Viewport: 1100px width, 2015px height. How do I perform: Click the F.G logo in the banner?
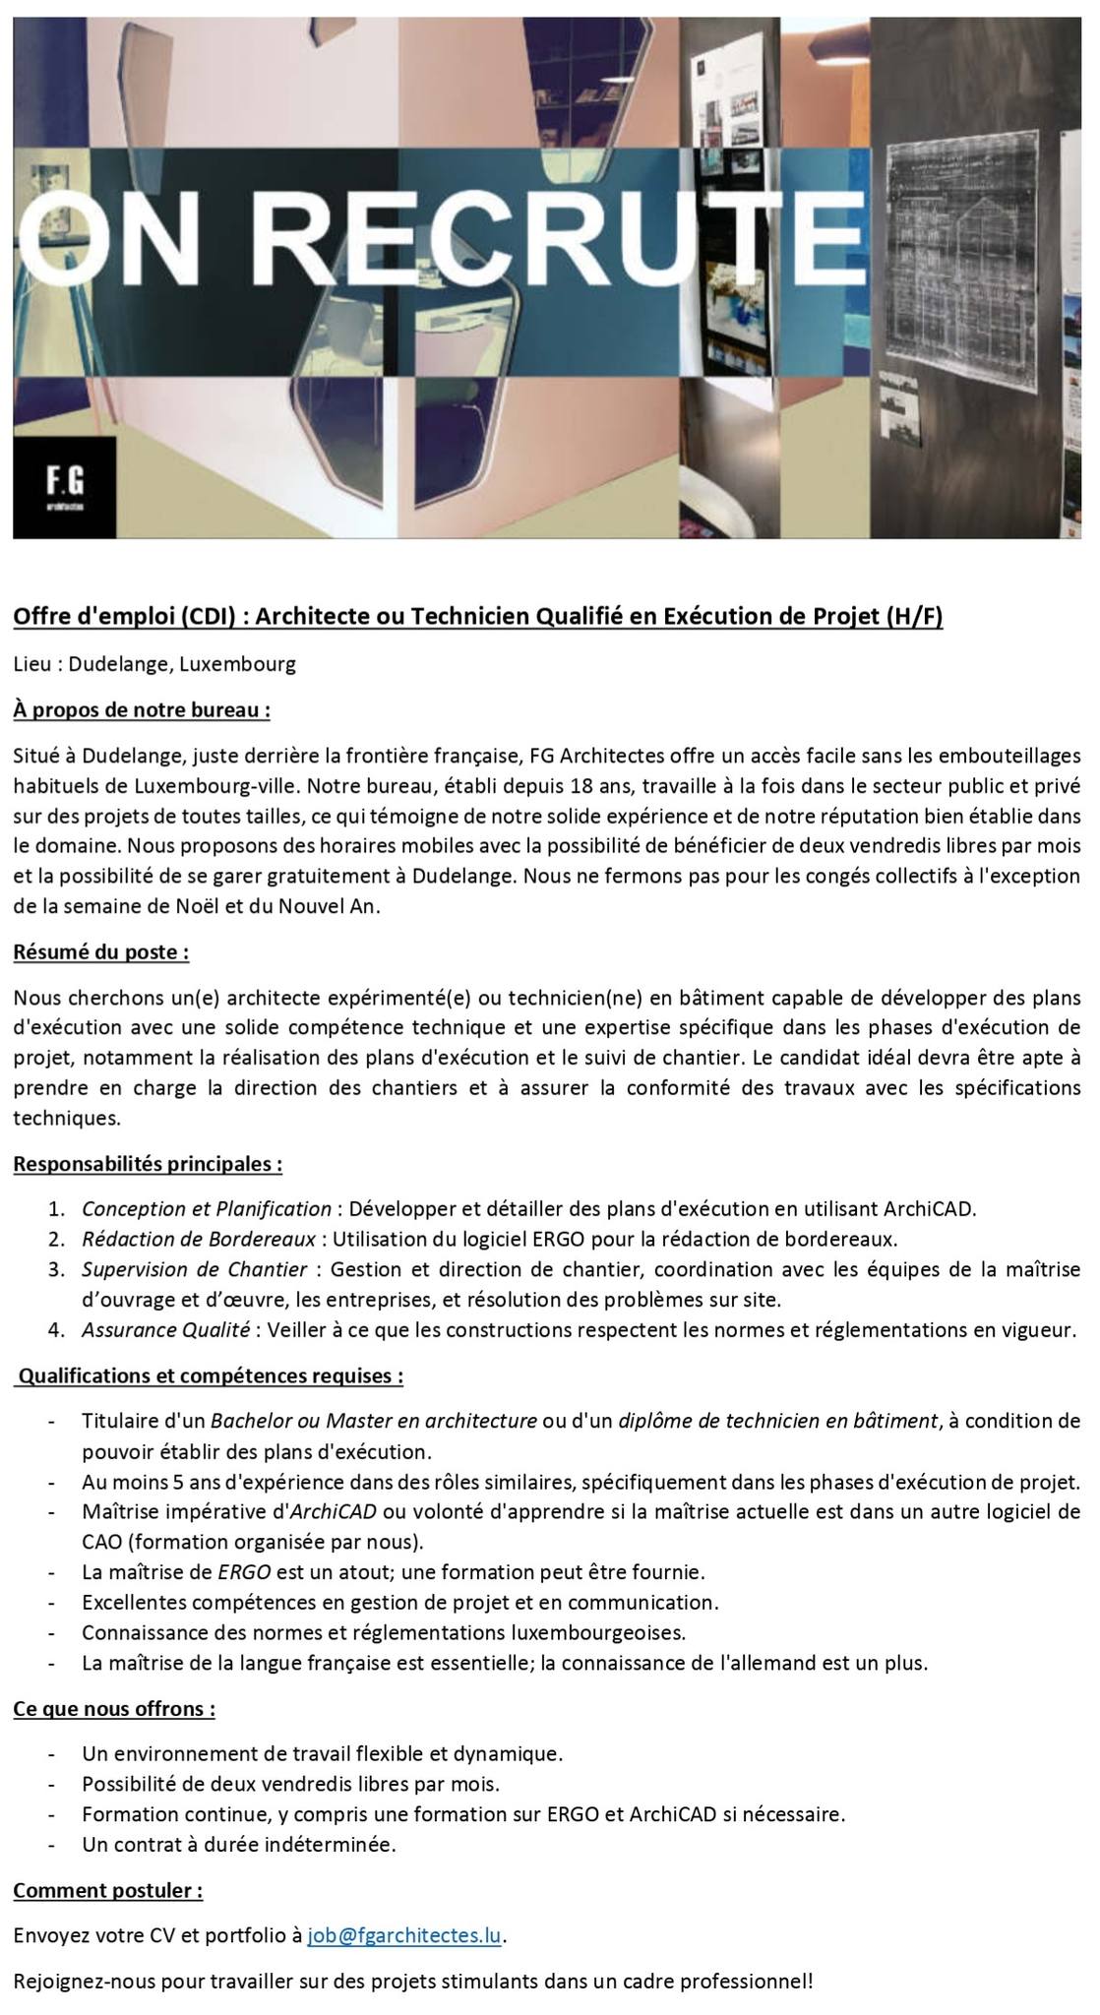(65, 486)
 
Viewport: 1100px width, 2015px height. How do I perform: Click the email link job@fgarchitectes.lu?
(404, 1935)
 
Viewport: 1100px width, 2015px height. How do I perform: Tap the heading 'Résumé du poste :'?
(101, 952)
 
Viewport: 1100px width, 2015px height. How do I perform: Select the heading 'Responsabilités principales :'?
(148, 1164)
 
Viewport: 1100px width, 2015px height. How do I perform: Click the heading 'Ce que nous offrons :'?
(114, 1708)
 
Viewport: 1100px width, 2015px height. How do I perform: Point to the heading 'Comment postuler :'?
(108, 1890)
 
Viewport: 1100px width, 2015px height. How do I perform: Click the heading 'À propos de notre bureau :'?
(142, 709)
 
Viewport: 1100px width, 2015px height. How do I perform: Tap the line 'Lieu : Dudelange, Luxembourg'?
(154, 664)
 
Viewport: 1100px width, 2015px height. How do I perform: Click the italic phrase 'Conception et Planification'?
(207, 1208)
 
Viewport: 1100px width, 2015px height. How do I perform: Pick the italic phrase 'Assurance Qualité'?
(165, 1330)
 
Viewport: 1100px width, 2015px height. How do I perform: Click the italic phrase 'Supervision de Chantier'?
(195, 1269)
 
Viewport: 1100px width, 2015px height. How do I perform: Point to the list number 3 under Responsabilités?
(55, 1269)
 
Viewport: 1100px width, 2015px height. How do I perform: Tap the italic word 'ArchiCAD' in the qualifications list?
(332, 1511)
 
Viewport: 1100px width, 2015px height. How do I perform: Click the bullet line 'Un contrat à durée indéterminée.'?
(239, 1845)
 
